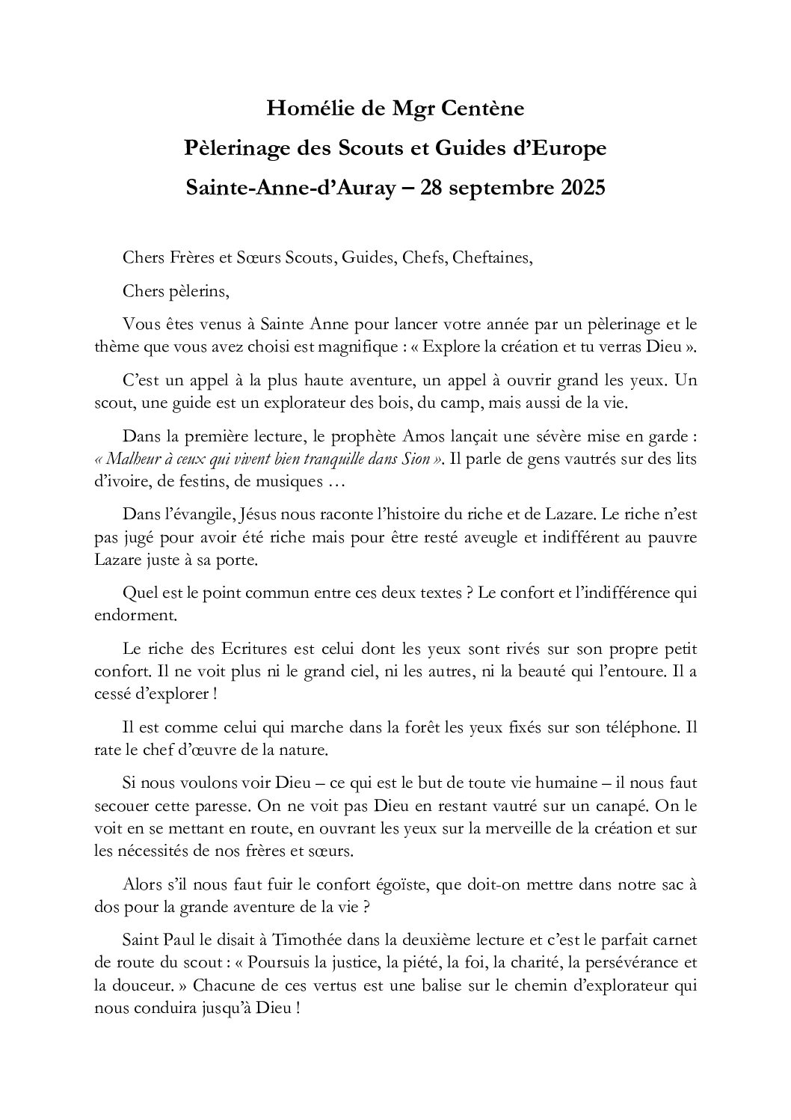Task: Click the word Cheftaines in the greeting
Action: point(496,258)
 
